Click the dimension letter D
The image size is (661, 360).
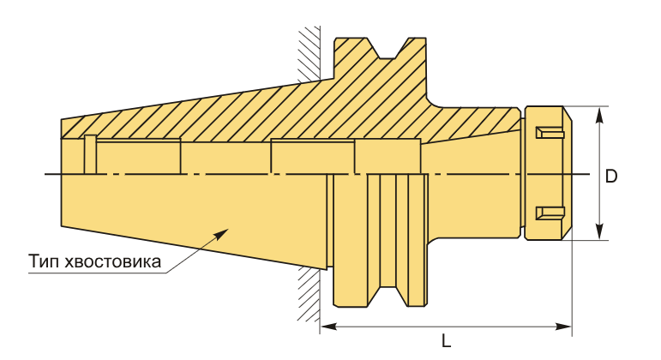(x=610, y=176)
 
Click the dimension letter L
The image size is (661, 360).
(x=446, y=340)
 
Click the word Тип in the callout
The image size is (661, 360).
(x=45, y=261)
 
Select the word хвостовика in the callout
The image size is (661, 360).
(x=113, y=261)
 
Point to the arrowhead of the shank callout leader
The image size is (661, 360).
(x=222, y=233)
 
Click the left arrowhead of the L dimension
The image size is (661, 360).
(x=328, y=327)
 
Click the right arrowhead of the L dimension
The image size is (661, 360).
(x=563, y=327)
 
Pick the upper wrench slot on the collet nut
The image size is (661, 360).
(x=550, y=133)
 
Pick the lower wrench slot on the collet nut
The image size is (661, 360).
(x=550, y=213)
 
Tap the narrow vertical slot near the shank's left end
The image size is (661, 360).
(x=90, y=154)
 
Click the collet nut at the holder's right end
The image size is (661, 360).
(x=547, y=173)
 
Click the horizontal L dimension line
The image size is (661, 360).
(x=446, y=327)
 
